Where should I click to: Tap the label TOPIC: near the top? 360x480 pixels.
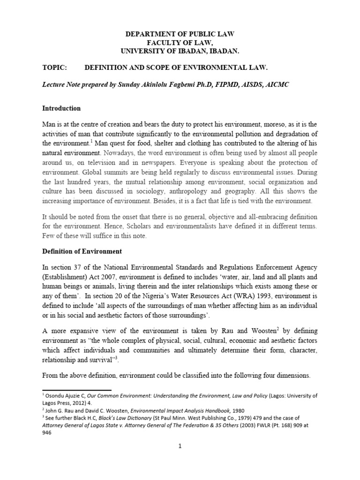click(55, 67)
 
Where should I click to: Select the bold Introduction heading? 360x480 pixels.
click(61, 108)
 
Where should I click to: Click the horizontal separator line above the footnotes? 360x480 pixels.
click(77, 390)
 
